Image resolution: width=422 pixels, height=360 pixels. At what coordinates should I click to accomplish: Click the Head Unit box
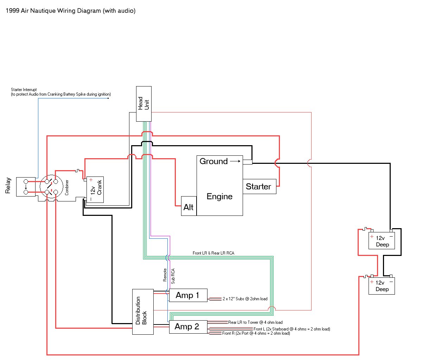point(143,104)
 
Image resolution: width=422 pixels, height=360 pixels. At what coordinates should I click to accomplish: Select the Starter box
point(259,186)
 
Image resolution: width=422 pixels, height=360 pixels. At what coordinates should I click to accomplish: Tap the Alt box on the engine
point(188,207)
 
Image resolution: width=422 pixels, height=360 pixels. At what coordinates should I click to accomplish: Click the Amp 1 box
point(188,295)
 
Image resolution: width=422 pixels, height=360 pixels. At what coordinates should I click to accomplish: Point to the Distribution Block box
point(142,311)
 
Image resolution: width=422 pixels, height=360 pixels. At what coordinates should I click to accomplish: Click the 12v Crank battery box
point(95,189)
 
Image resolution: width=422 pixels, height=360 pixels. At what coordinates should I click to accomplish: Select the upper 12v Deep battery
point(382,241)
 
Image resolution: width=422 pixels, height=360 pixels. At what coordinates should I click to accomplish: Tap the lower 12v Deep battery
point(382,285)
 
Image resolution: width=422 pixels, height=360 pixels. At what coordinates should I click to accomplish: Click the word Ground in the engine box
point(213,161)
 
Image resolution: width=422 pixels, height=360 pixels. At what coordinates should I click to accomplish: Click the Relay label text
point(8,186)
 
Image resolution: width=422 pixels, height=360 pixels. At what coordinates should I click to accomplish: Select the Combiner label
point(67,187)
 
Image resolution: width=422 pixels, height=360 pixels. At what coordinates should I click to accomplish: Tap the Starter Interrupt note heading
point(24,90)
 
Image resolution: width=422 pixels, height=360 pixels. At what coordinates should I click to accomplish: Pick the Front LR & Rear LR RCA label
point(213,253)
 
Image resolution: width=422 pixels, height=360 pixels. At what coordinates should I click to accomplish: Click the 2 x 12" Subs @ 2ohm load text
point(245,299)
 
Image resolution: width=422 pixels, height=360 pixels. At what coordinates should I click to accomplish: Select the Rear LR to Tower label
point(255,322)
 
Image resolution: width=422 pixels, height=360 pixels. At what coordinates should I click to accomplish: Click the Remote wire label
point(165,275)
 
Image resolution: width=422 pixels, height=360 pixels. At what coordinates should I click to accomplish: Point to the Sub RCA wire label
point(173,276)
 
